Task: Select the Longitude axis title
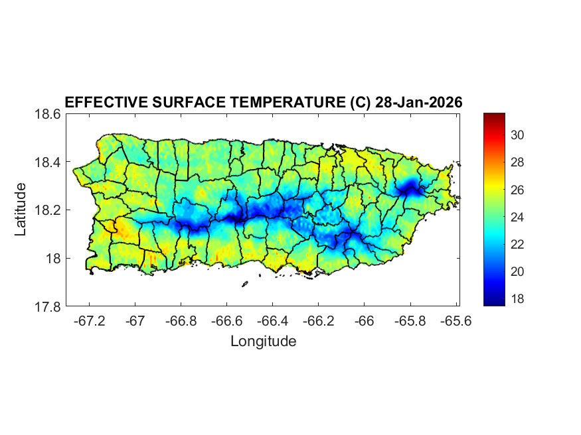pos(263,342)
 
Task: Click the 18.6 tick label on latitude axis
pos(48,114)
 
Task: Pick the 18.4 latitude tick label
pos(48,162)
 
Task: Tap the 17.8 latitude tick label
pos(48,307)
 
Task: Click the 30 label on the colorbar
pos(518,135)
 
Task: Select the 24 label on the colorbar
pos(518,217)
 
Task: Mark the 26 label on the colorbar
pos(518,190)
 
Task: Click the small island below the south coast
pos(244,284)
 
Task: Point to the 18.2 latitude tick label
pos(48,210)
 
